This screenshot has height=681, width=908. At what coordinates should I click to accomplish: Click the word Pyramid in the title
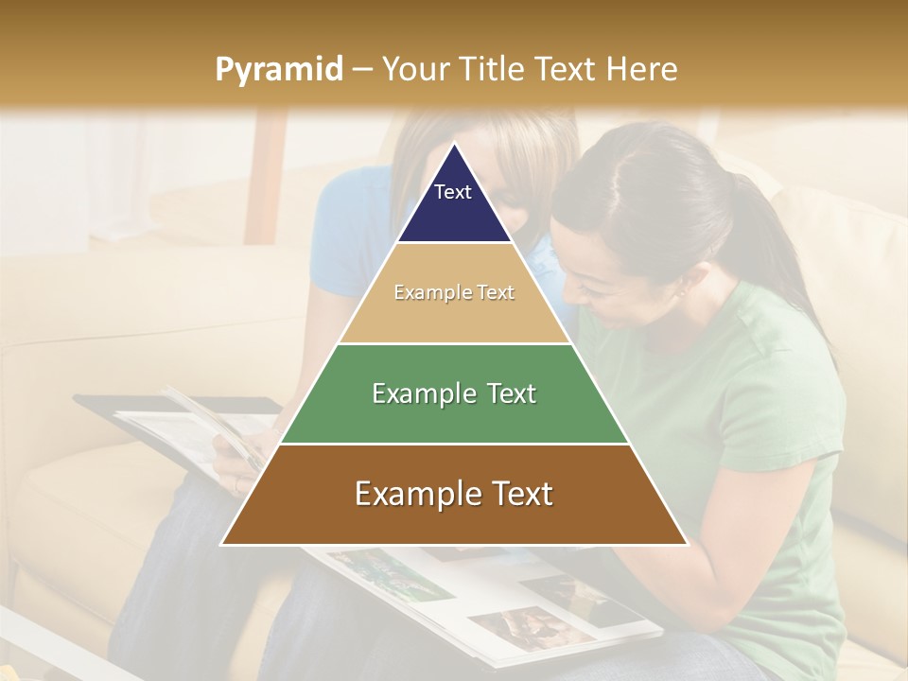click(x=278, y=70)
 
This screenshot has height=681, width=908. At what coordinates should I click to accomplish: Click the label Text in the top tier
click(x=453, y=192)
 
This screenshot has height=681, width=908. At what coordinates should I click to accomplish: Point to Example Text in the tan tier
click(x=454, y=293)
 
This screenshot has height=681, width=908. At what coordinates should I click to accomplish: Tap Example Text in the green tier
click(x=454, y=393)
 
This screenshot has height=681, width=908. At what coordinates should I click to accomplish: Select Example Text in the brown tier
click(x=454, y=494)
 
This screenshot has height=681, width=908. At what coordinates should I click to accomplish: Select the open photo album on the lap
click(x=492, y=596)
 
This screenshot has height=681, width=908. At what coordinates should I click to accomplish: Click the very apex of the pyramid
click(x=454, y=146)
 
